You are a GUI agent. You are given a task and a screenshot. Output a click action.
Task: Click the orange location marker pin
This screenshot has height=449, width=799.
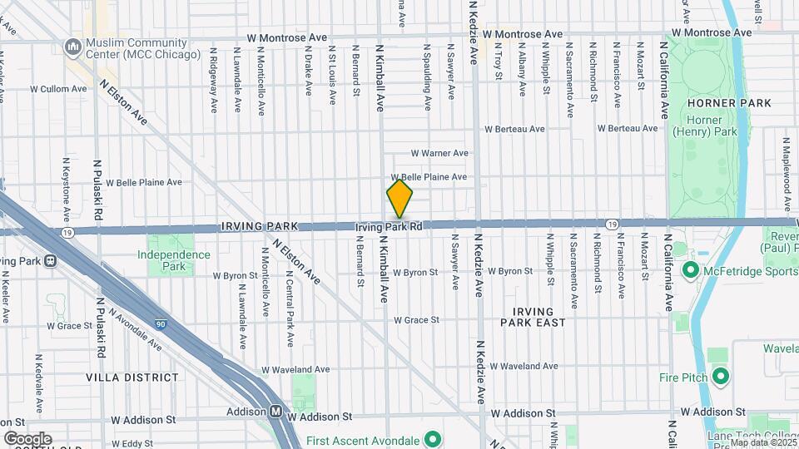pos(399,200)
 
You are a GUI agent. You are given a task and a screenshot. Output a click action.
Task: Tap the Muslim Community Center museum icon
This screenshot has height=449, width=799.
pos(73,48)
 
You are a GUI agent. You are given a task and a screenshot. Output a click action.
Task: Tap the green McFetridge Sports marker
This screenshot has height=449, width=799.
pos(690,270)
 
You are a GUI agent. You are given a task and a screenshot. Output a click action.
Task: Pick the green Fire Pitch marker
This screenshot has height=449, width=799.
pos(721,377)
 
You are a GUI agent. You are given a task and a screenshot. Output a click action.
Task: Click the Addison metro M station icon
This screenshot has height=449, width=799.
pos(275,412)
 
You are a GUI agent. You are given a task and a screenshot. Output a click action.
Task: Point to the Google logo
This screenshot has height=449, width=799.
pos(27,439)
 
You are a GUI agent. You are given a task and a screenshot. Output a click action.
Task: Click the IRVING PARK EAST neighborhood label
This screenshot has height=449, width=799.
pos(533,316)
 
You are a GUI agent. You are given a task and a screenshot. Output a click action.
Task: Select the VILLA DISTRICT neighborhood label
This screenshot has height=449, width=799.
pos(122,377)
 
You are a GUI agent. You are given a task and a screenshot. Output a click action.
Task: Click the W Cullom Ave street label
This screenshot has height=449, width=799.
pos(59,88)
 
